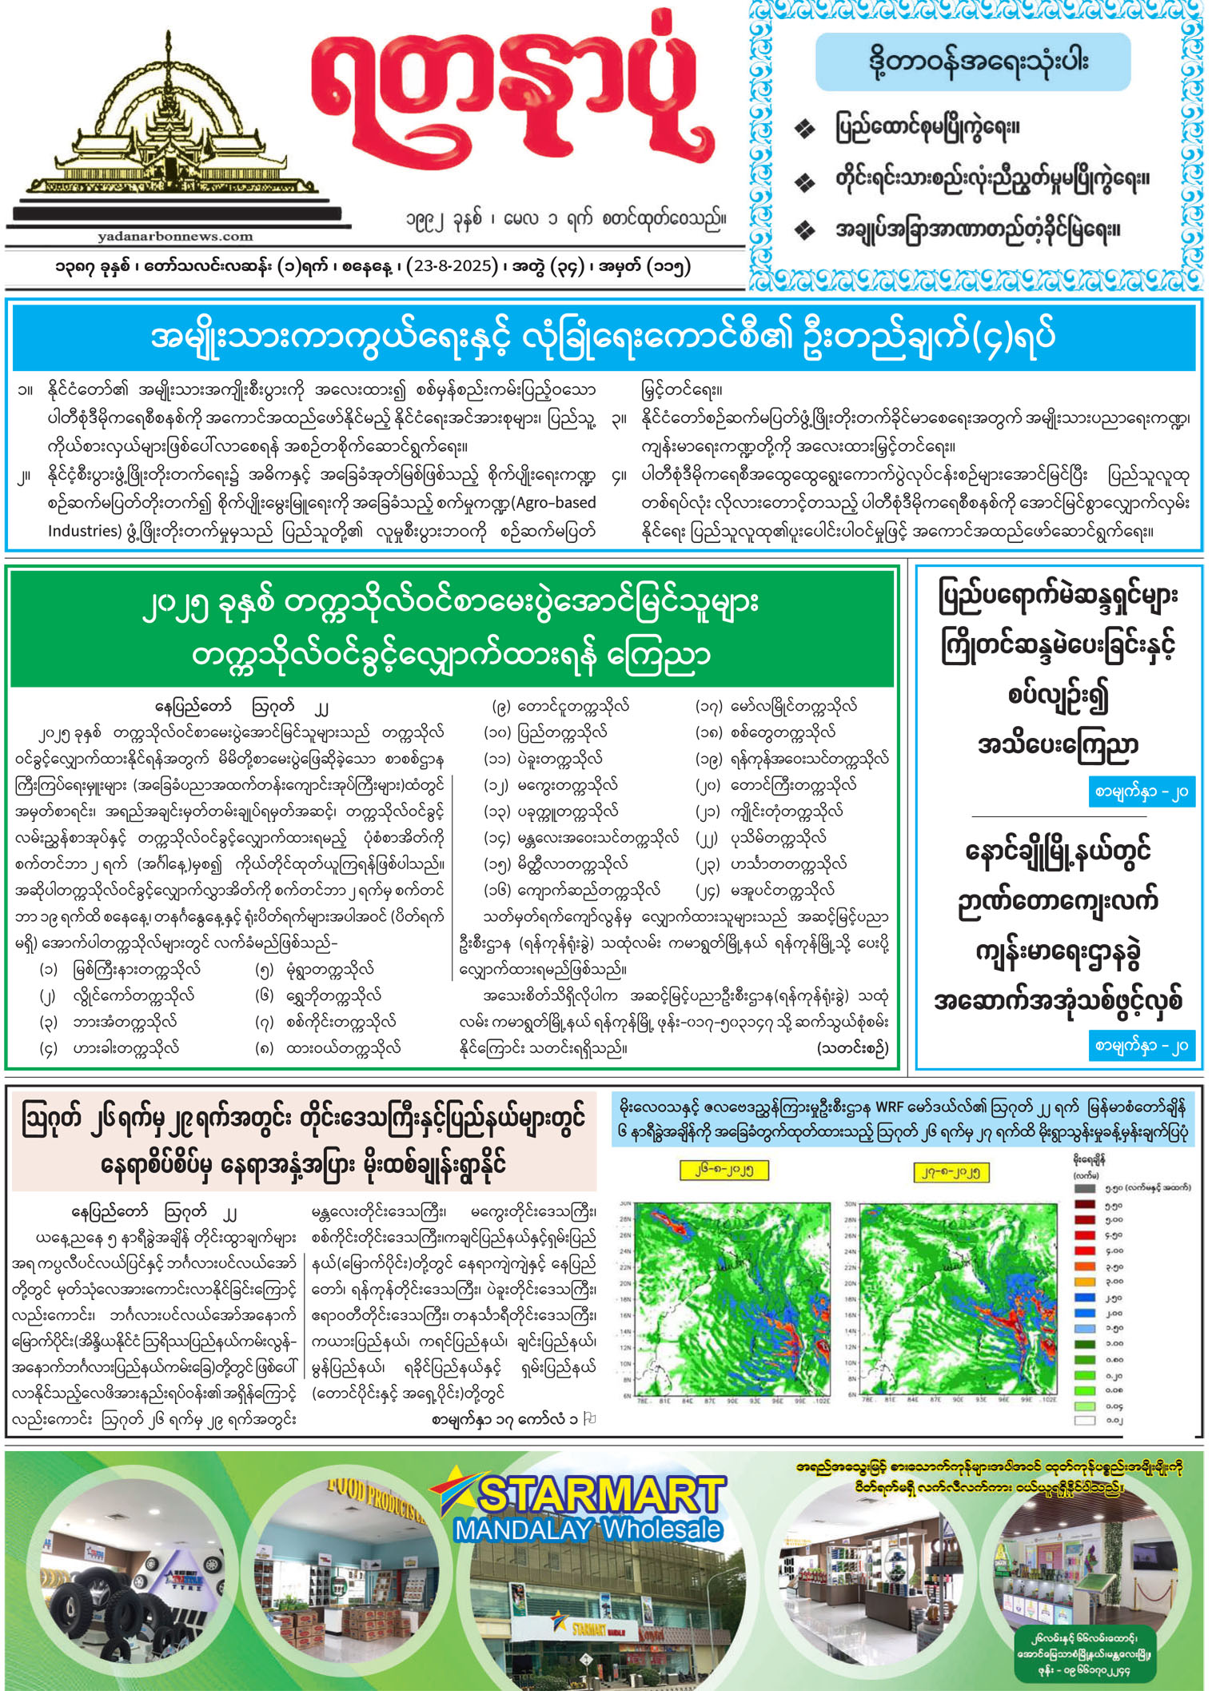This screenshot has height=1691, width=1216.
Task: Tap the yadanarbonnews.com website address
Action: coord(175,237)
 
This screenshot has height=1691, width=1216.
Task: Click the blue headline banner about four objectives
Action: coord(604,337)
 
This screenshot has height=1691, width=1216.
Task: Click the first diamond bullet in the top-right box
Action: coord(804,129)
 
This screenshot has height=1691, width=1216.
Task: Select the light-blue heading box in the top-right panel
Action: coord(973,62)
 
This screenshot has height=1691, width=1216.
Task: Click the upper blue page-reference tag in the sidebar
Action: coord(1141,792)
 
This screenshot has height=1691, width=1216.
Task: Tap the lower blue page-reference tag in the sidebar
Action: coord(1141,1045)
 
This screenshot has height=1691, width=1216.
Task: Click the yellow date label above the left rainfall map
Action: coord(724,1171)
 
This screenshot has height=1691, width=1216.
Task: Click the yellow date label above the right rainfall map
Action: coord(951,1172)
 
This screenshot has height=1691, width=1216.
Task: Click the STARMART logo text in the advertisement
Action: coord(600,1495)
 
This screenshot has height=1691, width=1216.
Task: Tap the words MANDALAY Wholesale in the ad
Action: coord(588,1529)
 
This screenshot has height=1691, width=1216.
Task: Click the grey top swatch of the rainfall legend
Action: coord(1084,1188)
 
